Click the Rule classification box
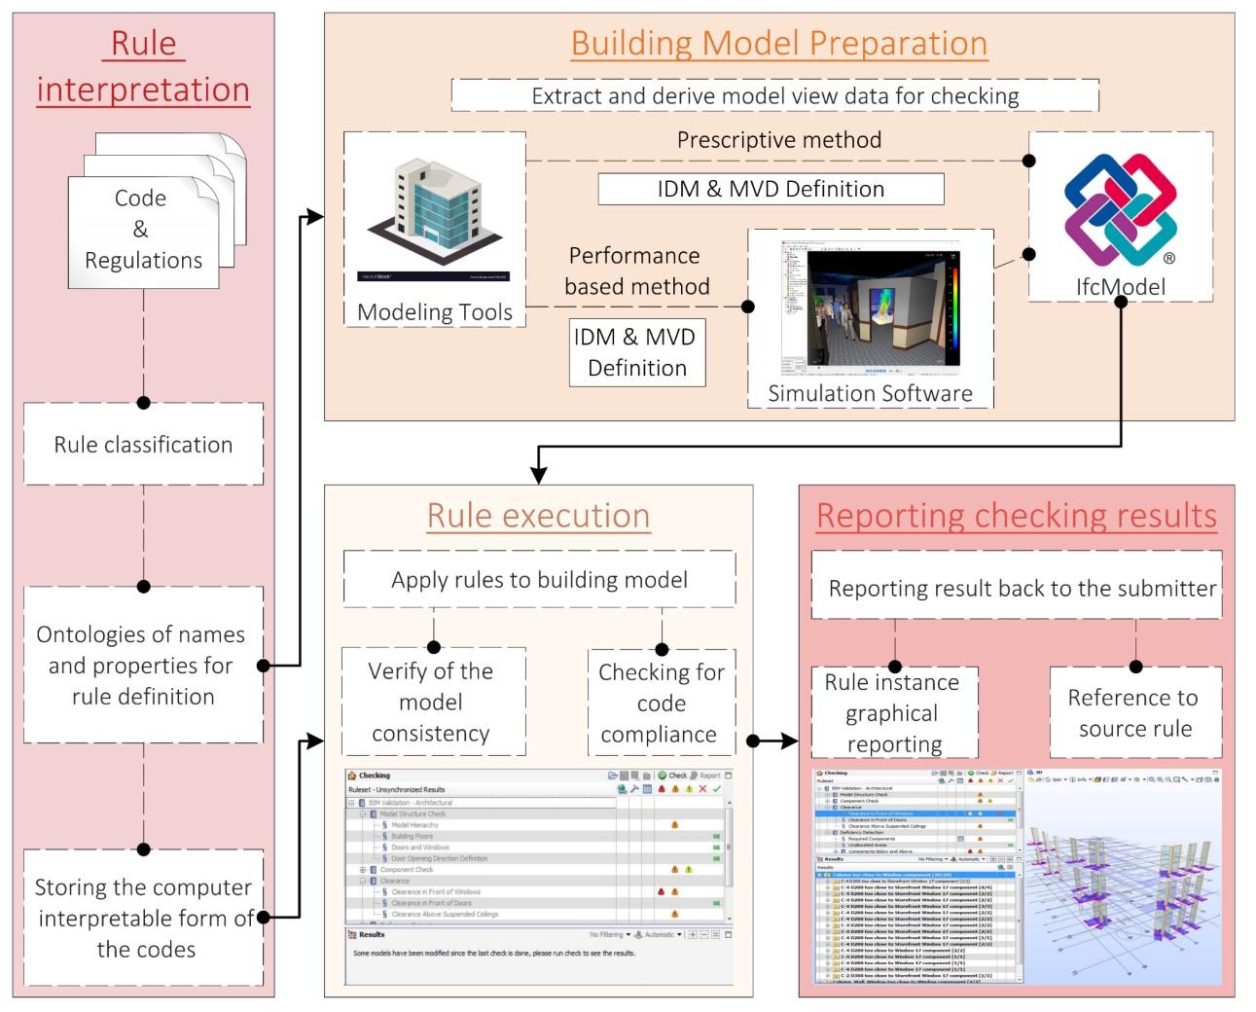143,445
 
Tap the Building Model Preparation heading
778,44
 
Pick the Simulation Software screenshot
872,306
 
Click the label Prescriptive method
778,140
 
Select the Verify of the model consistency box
433,702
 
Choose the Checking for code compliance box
661,703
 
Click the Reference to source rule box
1134,712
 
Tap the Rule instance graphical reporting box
894,712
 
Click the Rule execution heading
538,516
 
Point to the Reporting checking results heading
1016,516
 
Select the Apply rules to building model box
539,580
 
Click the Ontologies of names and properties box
143,666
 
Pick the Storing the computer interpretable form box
143,918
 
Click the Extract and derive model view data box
774,96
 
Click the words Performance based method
637,271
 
